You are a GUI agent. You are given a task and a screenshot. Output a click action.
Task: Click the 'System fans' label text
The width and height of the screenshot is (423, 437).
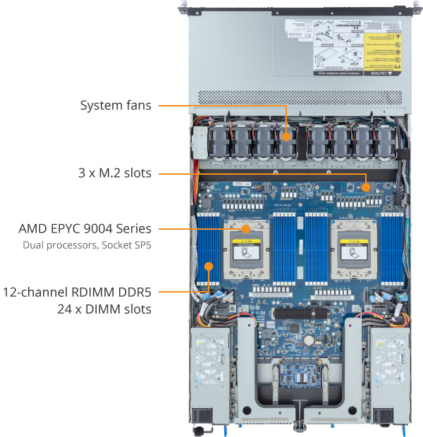pyautogui.click(x=115, y=106)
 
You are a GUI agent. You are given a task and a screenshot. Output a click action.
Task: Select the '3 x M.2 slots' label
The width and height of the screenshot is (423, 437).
pyautogui.click(x=115, y=172)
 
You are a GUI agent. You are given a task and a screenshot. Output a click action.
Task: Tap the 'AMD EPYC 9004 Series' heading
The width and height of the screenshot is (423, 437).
pyautogui.click(x=85, y=229)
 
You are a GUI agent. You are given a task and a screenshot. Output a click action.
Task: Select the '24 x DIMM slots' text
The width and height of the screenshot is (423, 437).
pyautogui.click(x=104, y=309)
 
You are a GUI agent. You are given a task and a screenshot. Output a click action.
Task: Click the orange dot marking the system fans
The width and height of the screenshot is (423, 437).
pyautogui.click(x=287, y=136)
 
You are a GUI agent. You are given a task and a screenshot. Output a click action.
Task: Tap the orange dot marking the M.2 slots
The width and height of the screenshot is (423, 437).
pyautogui.click(x=366, y=187)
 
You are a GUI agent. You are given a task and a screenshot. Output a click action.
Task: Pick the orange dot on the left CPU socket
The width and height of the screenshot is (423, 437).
pyautogui.click(x=245, y=229)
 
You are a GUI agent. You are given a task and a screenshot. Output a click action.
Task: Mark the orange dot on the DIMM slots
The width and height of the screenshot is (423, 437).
pyautogui.click(x=209, y=266)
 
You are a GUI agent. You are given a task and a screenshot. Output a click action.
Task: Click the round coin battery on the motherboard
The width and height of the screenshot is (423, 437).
pyautogui.click(x=308, y=338)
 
